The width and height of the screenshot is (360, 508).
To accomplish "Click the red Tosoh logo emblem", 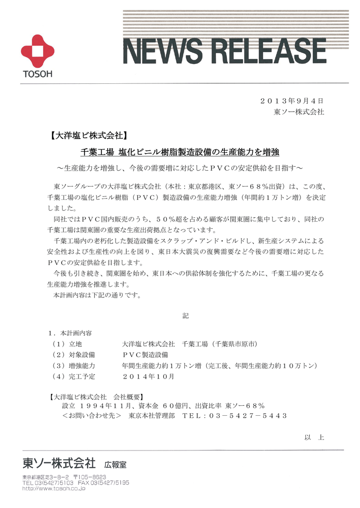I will tap(37, 52).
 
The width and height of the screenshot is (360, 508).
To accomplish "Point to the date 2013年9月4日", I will tap(292, 101).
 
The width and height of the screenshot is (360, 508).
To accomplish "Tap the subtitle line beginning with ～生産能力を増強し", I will tap(180, 167).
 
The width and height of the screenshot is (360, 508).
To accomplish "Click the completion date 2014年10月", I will tap(148, 377).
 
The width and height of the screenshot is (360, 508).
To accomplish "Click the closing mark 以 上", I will tap(314, 437).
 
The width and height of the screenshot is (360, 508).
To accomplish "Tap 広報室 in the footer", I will tap(115, 465).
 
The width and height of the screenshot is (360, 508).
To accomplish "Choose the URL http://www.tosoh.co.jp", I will tap(54, 488).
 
